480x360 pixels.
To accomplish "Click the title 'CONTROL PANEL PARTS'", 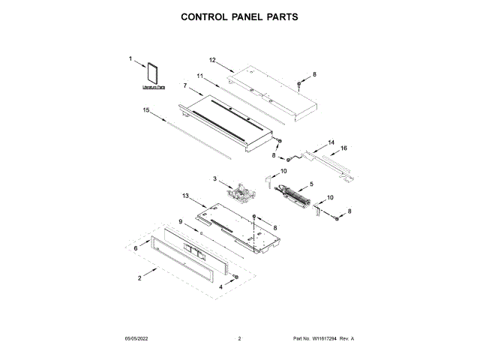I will pos(240,16).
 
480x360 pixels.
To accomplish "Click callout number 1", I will pos(130,58).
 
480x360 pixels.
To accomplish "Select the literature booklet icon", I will pos(154,73).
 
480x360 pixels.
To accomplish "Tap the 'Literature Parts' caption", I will pos(154,88).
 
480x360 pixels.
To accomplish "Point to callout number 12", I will pos(212,60).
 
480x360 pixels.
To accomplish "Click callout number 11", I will pos(200,76).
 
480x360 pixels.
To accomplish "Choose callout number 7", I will pos(184,86).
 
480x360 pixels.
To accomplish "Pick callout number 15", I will pos(148,110).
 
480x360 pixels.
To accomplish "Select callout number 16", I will pos(344,148).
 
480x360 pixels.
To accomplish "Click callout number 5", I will pos(311,184).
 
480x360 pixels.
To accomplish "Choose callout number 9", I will pos(180,221).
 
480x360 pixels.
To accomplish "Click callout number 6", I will pos(136,247).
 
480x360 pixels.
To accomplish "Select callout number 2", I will pos(139,278).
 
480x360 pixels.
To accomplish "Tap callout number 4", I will pos(221,286).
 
